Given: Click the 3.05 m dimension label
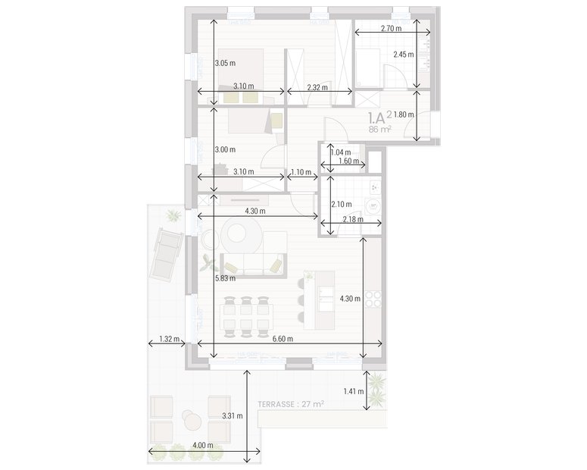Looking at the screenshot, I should [x=225, y=63].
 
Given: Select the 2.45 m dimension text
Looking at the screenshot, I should [x=404, y=55].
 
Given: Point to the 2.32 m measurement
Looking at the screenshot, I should [x=317, y=88].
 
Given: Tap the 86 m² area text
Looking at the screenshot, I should [x=379, y=130].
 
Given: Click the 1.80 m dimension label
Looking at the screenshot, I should [x=405, y=114].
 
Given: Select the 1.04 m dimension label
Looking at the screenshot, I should [x=341, y=152].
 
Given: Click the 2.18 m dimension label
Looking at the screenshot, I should [x=353, y=219].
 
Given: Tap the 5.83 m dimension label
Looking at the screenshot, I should [x=225, y=278].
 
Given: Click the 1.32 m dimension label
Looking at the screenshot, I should [x=169, y=339].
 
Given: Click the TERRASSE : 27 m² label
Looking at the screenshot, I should [x=290, y=404].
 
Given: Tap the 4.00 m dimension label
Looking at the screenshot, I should [x=202, y=445].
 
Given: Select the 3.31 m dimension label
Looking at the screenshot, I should [x=233, y=416].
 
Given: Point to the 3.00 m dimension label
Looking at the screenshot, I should [x=225, y=150].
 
